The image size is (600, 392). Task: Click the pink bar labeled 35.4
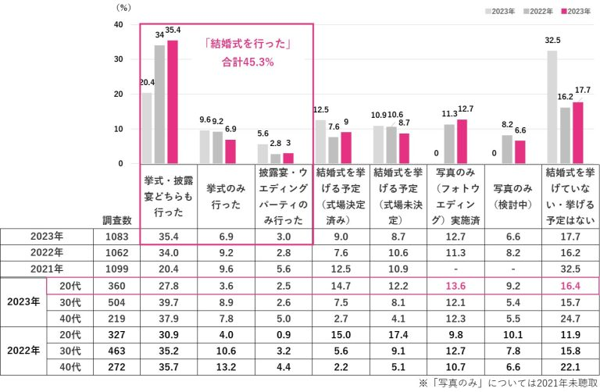pos(173,102)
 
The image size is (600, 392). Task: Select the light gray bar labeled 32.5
pos(552,107)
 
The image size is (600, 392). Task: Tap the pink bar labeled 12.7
pos(462,141)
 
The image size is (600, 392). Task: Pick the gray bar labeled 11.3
pos(448,144)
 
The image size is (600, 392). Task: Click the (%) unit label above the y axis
pos(123,7)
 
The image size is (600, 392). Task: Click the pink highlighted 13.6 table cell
pos(455,286)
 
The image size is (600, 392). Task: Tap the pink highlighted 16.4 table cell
pos(570,286)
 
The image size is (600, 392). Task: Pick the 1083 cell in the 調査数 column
pos(109,235)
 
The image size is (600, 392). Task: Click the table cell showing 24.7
pos(570,319)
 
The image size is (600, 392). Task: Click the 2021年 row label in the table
pos(47,269)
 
